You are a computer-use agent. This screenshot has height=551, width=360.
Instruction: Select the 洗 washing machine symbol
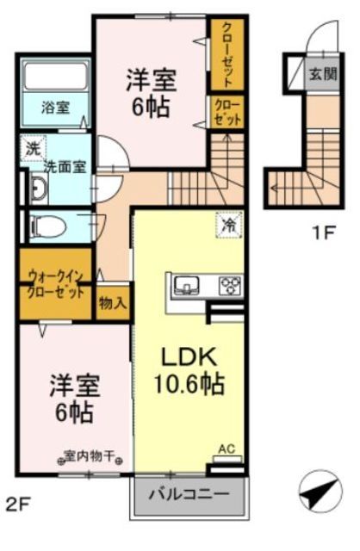[31, 147]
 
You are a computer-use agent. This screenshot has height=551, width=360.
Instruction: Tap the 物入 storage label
[113, 302]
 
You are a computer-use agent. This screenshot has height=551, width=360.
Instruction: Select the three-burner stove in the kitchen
[229, 285]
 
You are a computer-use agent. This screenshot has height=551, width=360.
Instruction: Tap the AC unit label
[227, 449]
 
